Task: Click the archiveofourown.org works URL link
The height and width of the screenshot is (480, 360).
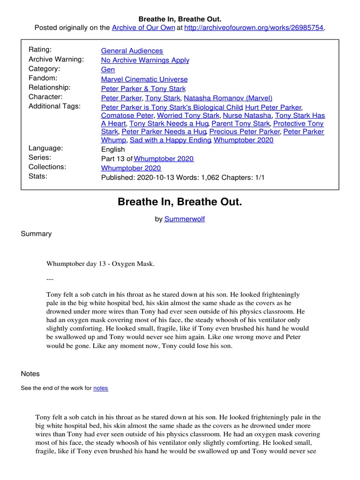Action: click(254, 28)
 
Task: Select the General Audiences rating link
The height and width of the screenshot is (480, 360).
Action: click(132, 51)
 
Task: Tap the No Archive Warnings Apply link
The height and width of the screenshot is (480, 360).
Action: click(145, 60)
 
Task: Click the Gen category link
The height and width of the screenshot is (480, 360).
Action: click(108, 69)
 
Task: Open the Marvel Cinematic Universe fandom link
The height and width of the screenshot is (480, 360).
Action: click(144, 79)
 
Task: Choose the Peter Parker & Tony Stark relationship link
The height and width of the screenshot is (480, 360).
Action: click(143, 89)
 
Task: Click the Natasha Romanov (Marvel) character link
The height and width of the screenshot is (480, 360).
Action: click(228, 98)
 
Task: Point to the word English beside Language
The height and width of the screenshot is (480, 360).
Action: click(113, 149)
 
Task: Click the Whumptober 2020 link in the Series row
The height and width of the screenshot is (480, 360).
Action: click(164, 158)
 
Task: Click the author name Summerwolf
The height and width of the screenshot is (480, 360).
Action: click(184, 219)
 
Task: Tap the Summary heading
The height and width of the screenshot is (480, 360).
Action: click(36, 233)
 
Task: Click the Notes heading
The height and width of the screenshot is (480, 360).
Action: click(30, 374)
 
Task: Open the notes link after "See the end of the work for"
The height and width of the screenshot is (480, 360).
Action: click(100, 388)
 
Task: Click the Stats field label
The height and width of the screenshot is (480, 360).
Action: click(37, 176)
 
